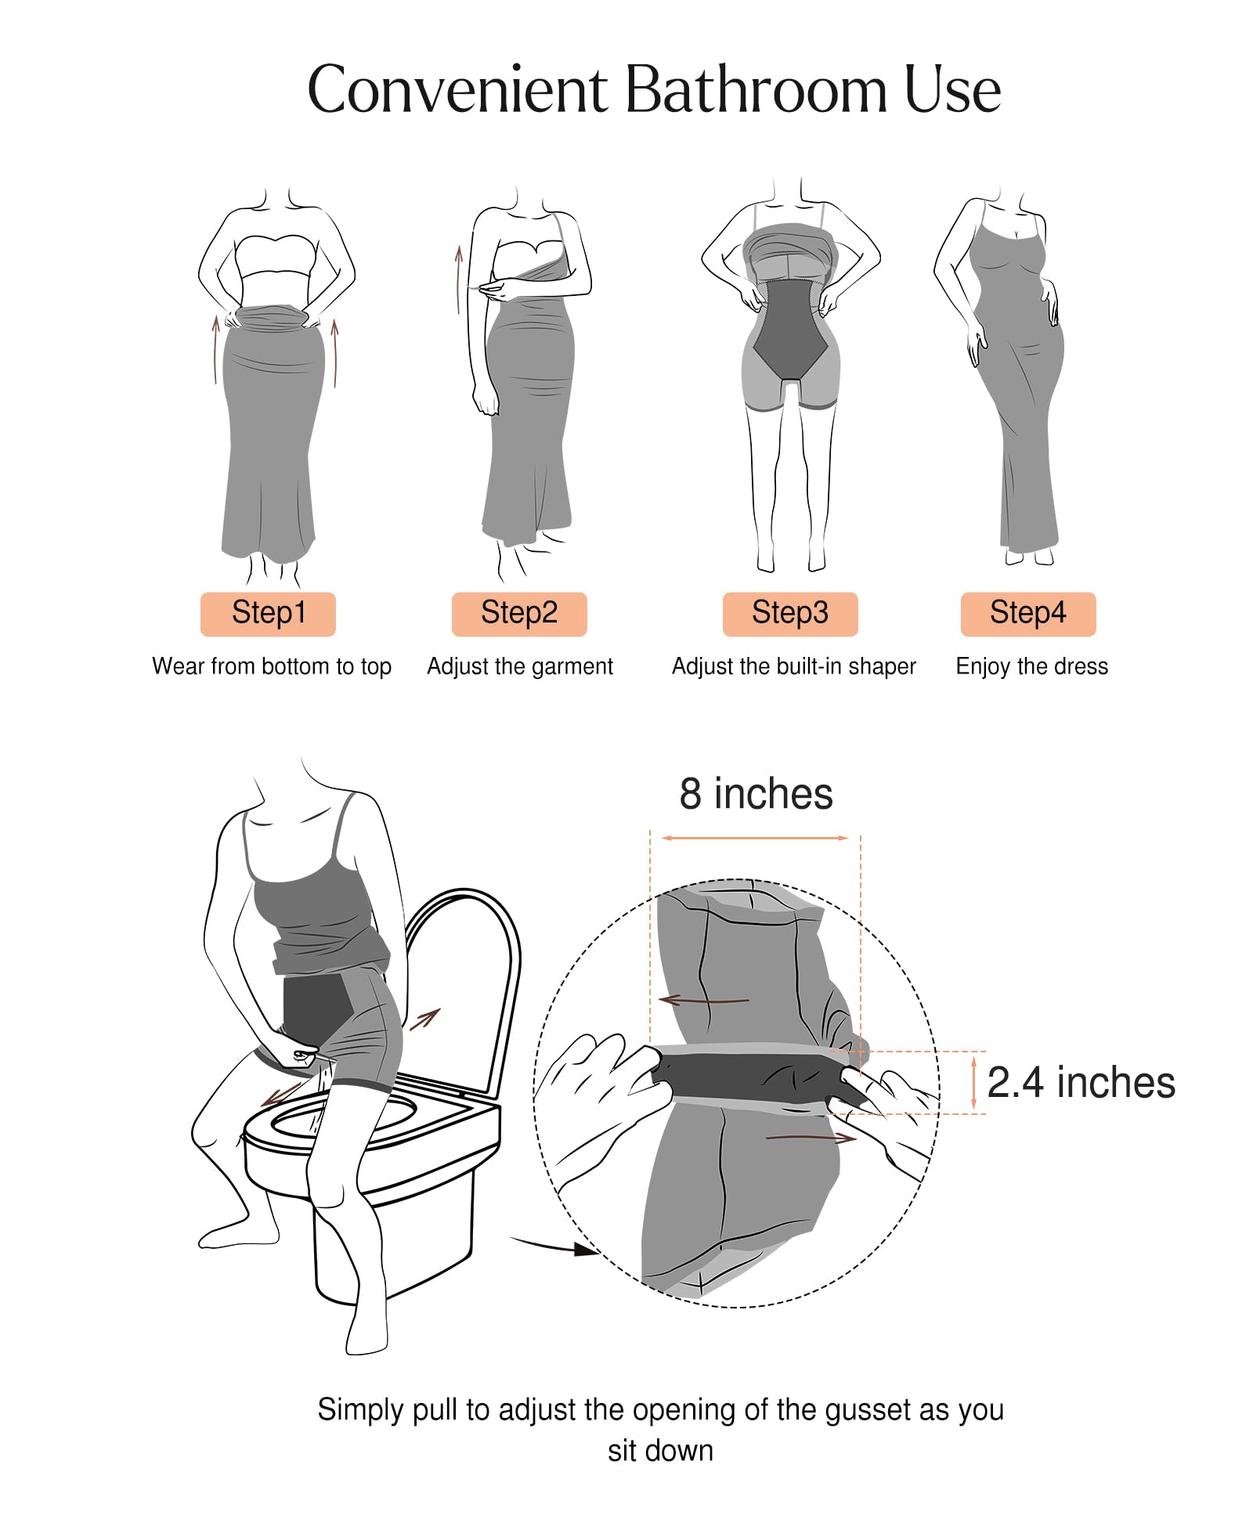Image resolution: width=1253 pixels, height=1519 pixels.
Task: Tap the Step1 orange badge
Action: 268,614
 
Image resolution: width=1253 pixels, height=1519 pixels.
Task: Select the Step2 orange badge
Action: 519,614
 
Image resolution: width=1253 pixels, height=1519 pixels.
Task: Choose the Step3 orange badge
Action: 790,614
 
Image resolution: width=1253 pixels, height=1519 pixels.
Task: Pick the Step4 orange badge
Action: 1028,614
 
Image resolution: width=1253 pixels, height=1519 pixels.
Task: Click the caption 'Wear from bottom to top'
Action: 272,666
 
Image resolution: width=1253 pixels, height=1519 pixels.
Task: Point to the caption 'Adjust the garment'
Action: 520,666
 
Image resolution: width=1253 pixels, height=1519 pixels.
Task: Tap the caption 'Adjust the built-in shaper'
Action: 794,666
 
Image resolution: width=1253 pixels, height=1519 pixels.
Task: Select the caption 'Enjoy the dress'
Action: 1032,666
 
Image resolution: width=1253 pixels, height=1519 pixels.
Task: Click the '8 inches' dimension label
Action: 756,794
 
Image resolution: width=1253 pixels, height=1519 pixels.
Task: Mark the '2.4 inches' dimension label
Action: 1081,1083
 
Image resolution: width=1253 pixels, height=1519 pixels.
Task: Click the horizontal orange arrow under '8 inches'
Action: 755,838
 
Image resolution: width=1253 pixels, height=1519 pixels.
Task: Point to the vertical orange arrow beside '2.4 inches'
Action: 973,1083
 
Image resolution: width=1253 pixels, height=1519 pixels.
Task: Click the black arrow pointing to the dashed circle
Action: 554,1244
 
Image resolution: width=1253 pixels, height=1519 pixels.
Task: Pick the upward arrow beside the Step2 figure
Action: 460,280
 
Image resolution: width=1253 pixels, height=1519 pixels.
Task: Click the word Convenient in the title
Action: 458,89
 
